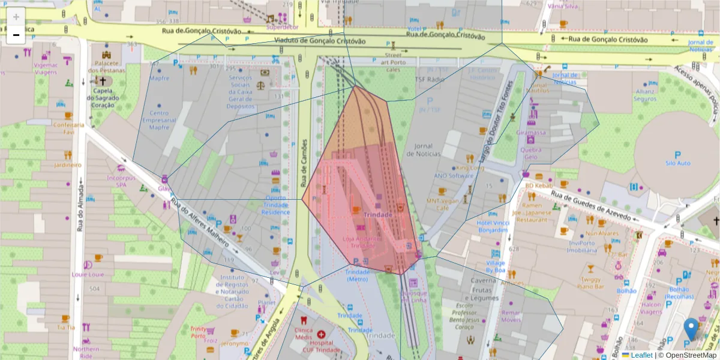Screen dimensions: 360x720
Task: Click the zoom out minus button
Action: tap(16, 35)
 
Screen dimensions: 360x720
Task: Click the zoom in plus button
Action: tap(16, 17)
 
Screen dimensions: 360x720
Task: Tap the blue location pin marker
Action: tap(691, 329)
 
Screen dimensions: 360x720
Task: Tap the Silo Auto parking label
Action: tap(678, 163)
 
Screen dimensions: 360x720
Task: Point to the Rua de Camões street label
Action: tap(304, 163)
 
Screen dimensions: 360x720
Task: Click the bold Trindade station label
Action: tap(378, 215)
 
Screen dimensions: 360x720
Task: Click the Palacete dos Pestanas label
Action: tap(106, 66)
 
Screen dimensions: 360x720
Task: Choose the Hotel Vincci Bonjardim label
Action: tap(493, 227)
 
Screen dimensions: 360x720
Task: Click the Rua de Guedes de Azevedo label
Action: tap(591, 205)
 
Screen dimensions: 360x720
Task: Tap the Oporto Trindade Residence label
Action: tap(276, 205)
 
